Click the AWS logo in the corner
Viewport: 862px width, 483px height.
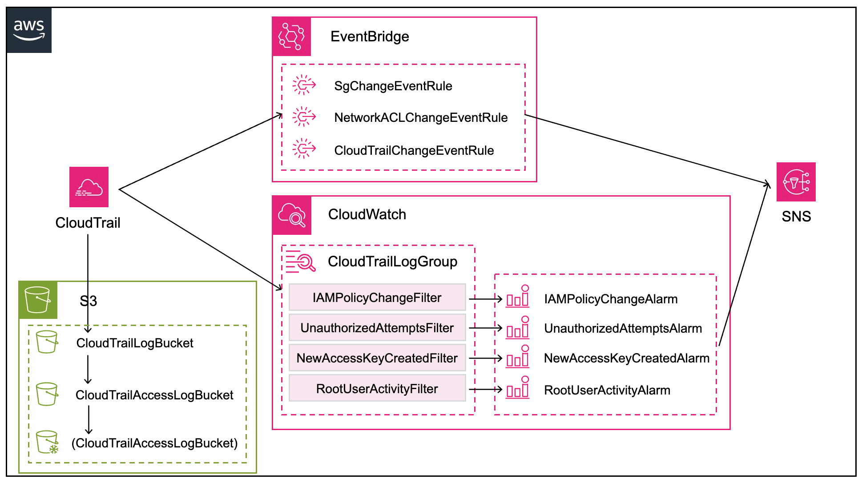[x=29, y=30]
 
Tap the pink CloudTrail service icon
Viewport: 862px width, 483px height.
[x=89, y=187]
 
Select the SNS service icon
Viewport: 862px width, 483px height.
[x=796, y=181]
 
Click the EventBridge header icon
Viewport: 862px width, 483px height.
[x=291, y=36]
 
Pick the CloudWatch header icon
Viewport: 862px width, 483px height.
[x=292, y=215]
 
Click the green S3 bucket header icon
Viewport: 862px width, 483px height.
[x=38, y=300]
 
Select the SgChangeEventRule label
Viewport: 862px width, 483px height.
[x=393, y=86]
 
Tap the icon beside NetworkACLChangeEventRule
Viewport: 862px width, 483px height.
[x=304, y=117]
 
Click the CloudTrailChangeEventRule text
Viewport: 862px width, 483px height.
[x=414, y=150]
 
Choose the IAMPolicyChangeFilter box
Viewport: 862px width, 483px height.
[x=377, y=297]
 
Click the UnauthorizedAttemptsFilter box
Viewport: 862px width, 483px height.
[x=377, y=328]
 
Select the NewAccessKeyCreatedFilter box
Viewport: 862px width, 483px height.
[x=377, y=358]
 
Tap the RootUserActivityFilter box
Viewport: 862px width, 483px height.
[x=377, y=388]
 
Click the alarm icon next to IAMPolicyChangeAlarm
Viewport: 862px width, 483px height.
[x=518, y=297]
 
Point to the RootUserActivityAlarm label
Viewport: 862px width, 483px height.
[x=607, y=390]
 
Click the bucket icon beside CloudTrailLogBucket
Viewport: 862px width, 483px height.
[x=47, y=342]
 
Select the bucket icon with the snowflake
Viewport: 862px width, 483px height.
[x=47, y=442]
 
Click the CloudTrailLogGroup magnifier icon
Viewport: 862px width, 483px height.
[x=301, y=261]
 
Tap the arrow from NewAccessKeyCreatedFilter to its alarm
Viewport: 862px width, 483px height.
[x=485, y=358]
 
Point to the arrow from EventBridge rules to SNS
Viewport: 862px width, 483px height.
[x=645, y=149]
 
